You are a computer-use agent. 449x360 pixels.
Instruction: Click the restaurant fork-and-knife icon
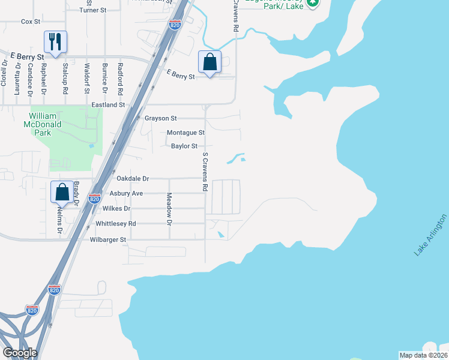(x=55, y=42)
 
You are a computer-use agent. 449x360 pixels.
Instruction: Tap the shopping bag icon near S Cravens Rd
(x=210, y=62)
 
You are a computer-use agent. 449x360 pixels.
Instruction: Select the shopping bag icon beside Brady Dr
(x=62, y=193)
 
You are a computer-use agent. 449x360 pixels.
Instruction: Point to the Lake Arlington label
(x=430, y=235)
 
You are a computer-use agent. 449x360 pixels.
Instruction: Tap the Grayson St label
(x=161, y=118)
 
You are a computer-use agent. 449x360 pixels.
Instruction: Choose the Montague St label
(x=185, y=132)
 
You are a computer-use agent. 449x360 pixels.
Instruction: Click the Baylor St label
(x=184, y=146)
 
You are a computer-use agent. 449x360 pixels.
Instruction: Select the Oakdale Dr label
(x=132, y=179)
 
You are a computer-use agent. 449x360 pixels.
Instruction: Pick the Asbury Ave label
(x=126, y=193)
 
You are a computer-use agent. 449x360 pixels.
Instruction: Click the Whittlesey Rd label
(x=116, y=223)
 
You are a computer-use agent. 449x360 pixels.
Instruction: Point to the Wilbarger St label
(x=108, y=239)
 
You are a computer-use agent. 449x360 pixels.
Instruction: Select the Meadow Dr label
(x=169, y=209)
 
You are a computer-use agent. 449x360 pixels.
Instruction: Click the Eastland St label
(x=107, y=104)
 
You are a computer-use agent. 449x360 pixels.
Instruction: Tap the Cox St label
(x=30, y=22)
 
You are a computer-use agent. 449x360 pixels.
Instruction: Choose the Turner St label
(x=92, y=10)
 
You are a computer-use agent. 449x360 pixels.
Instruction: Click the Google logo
(x=20, y=352)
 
